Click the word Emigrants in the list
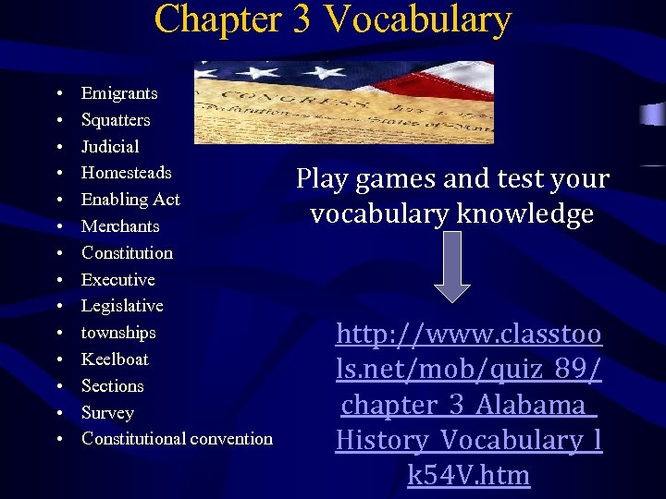tap(119, 93)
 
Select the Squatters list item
tap(116, 120)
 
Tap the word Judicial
tap(110, 147)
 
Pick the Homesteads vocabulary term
tap(126, 173)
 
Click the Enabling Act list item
tap(130, 200)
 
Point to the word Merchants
tap(120, 226)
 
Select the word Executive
tap(117, 280)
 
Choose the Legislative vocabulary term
tap(122, 306)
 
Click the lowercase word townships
tap(118, 333)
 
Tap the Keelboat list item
tap(115, 359)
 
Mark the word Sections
tap(113, 386)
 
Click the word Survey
tap(107, 413)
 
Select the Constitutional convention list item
tap(177, 439)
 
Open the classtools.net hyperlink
tap(469, 405)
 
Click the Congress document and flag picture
tap(344, 103)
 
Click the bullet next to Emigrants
tap(58, 94)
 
